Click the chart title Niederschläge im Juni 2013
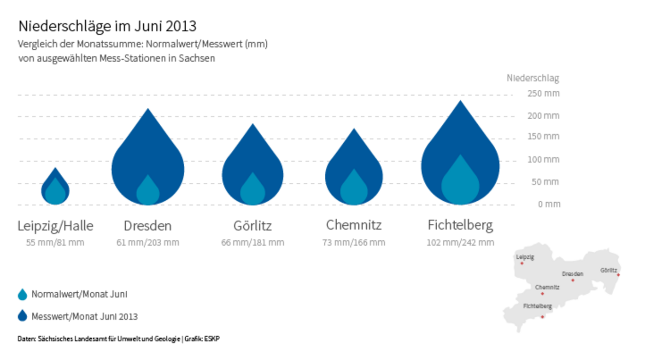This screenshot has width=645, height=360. point(107,26)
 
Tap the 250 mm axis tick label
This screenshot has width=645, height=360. point(544,94)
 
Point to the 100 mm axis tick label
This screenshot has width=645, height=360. point(544,160)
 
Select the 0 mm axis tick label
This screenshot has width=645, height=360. point(549,204)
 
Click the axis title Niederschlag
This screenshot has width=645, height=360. point(533,78)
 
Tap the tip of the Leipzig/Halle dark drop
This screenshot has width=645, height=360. point(56,169)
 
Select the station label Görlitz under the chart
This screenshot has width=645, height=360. point(252,226)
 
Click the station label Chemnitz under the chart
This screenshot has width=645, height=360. point(354,226)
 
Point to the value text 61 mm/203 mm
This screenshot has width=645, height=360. point(148,243)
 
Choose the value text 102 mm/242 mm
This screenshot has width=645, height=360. point(460,243)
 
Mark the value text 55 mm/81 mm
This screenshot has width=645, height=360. point(56,243)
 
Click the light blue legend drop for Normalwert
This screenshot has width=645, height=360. point(22,295)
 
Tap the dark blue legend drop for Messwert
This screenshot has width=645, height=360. point(22,316)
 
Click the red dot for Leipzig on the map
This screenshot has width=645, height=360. point(522,263)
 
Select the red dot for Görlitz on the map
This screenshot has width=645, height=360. point(618,275)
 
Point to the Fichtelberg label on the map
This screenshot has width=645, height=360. point(538,306)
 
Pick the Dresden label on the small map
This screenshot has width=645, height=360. point(573,274)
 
